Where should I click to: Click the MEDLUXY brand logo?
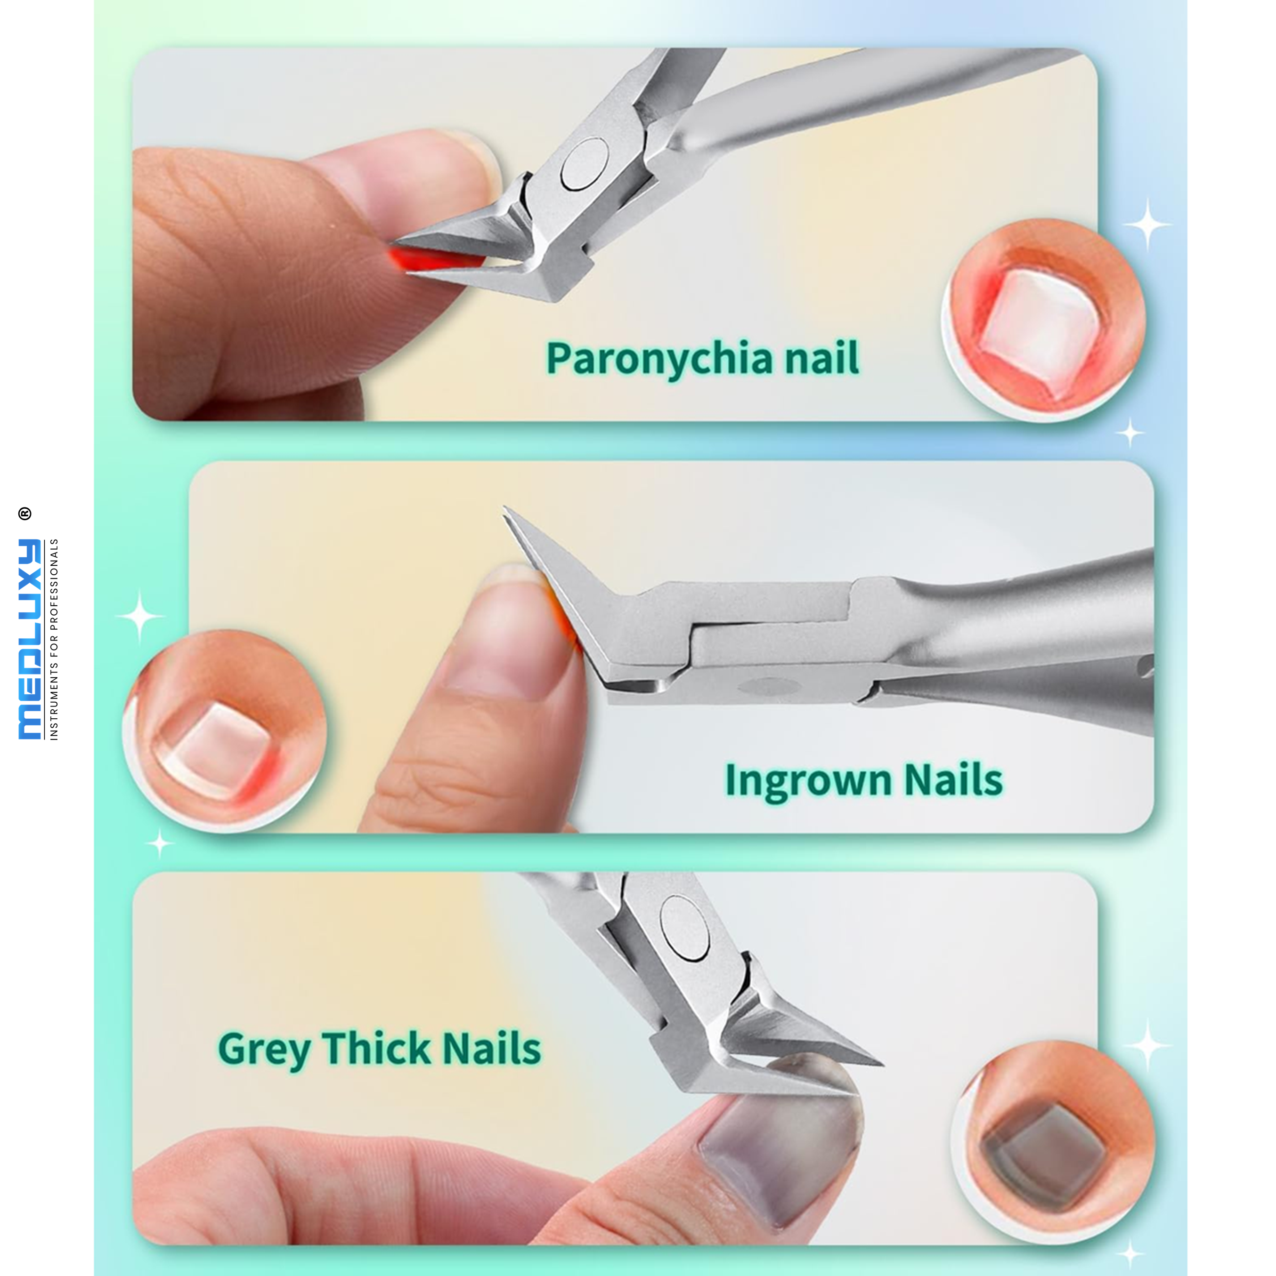point(30,639)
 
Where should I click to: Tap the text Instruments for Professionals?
point(54,639)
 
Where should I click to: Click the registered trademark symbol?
point(24,513)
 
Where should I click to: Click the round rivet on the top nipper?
point(584,164)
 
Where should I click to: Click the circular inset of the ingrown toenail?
point(225,730)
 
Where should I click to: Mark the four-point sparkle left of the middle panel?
point(139,616)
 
